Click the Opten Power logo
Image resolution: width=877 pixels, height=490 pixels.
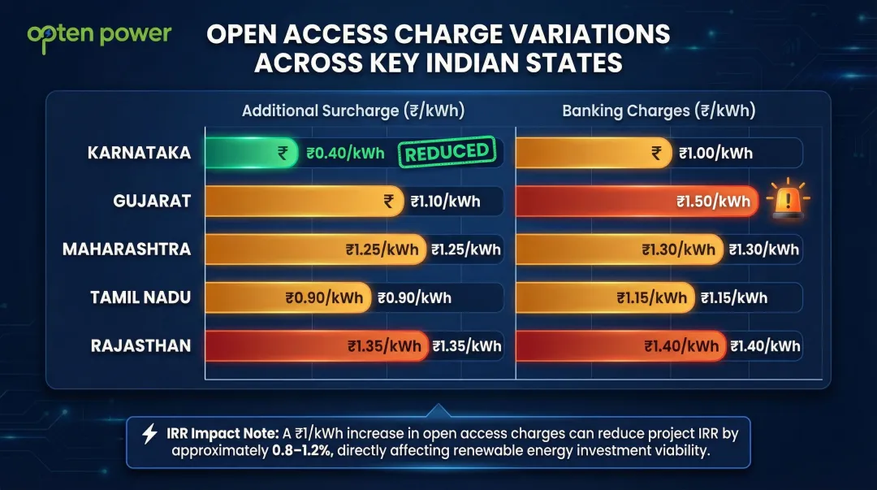pos(99,37)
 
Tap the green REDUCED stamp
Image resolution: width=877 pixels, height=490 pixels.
pos(447,152)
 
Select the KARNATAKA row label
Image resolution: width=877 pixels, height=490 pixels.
pos(139,153)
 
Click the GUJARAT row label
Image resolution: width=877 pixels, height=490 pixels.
pos(153,201)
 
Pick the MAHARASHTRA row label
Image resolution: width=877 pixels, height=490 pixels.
pos(127,249)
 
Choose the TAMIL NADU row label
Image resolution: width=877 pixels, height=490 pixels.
pos(140,297)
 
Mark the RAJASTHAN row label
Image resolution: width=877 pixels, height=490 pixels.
pos(140,345)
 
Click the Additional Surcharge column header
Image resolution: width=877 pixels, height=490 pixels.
pos(353,111)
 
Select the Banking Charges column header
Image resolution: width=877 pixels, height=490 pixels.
pos(659,111)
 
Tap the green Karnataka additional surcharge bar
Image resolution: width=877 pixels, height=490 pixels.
pos(251,153)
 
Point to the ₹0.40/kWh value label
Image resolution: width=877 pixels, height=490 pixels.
pos(345,154)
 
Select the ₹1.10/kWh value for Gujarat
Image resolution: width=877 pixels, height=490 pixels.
pos(445,202)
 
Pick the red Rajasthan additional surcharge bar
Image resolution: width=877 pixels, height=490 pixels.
pos(316,345)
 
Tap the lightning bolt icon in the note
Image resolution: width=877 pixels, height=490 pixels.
pos(149,433)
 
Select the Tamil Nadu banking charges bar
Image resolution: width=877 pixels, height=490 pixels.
pos(605,297)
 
